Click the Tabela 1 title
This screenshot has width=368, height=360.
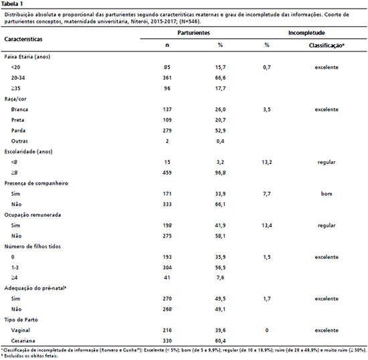pos(12,4)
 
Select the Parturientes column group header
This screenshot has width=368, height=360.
pos(193,33)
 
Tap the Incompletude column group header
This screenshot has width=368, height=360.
pos(306,33)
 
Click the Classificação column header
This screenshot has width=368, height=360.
pos(327,46)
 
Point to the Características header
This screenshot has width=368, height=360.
pos(23,39)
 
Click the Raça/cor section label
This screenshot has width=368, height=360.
pos(15,99)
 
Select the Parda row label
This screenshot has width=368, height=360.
pos(18,130)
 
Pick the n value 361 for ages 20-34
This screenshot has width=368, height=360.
pos(167,78)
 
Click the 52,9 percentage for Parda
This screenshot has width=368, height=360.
pos(220,130)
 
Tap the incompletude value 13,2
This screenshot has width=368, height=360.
pos(267,162)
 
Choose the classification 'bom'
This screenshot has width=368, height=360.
pos(327,193)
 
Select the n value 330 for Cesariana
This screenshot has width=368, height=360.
pos(167,341)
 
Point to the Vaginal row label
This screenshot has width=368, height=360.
pos(21,330)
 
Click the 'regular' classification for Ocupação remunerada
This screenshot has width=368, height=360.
pos(327,226)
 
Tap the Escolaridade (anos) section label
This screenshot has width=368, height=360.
pos(28,152)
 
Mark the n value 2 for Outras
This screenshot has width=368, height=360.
pos(167,141)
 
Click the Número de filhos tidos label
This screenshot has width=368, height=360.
pos(32,246)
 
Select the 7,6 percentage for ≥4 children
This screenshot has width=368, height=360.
pos(220,278)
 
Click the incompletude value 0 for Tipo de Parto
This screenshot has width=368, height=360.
pos(267,330)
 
